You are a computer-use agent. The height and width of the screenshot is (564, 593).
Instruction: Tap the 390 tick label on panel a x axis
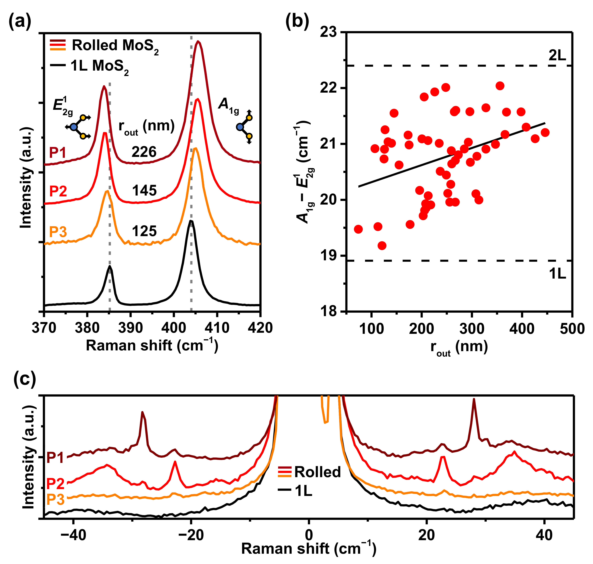click(x=130, y=328)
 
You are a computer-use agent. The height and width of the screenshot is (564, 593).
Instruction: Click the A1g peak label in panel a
click(x=228, y=105)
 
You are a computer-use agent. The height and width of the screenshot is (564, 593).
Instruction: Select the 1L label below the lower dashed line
click(x=557, y=274)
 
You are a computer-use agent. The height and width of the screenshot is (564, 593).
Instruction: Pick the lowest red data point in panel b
click(x=382, y=246)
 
